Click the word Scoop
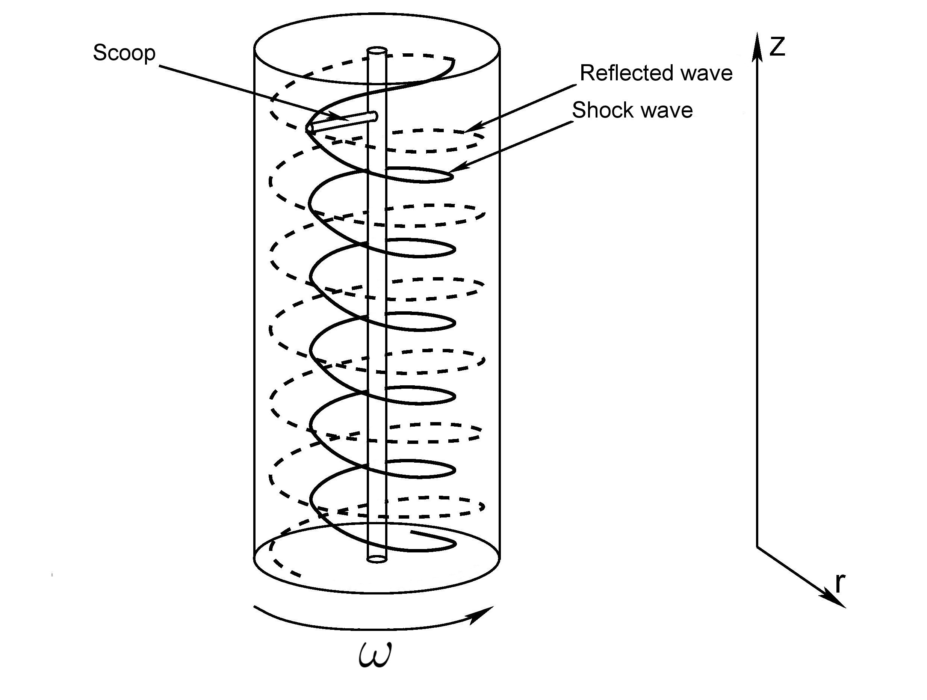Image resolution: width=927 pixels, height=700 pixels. coord(124,53)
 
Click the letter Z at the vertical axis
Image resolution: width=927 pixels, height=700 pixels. coord(777,47)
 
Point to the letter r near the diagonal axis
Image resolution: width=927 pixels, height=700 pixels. coord(840,584)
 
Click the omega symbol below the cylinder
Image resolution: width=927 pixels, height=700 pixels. coord(375,656)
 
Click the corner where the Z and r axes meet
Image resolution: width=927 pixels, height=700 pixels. coord(757,547)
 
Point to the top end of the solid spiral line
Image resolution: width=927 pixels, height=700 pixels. coord(454,60)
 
